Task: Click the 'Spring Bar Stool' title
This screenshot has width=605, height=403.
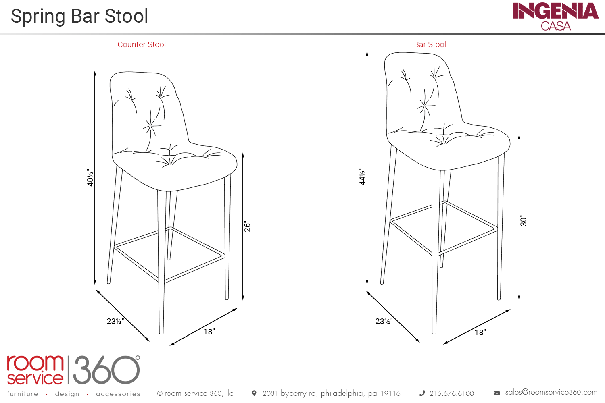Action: [79, 16]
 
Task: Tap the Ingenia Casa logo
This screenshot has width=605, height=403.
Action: [555, 17]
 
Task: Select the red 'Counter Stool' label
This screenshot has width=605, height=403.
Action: [141, 44]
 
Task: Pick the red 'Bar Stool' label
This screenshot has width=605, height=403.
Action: [430, 44]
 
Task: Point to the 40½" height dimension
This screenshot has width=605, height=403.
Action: [90, 178]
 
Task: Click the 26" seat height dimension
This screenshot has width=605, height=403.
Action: [247, 226]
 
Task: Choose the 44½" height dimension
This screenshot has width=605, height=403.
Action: [363, 176]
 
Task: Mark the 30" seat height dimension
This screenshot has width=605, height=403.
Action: [524, 221]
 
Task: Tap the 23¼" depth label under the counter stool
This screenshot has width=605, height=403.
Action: [115, 321]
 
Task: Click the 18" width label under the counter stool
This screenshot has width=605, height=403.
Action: [209, 332]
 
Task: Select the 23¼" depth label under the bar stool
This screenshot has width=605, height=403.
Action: [384, 321]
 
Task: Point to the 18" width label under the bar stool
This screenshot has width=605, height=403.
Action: [480, 332]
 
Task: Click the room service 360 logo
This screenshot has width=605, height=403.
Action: [73, 370]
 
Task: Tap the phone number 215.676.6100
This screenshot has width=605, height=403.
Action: [452, 393]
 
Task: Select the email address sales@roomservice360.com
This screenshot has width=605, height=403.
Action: [551, 392]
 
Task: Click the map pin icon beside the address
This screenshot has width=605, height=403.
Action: [254, 393]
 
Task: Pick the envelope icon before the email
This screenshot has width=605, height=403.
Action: [497, 393]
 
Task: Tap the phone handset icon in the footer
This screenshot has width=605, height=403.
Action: [422, 393]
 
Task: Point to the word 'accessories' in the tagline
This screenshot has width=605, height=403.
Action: [118, 394]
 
